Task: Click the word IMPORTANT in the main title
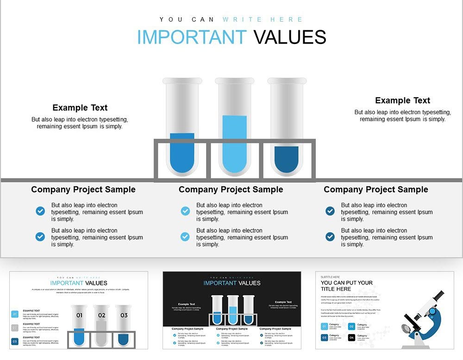pyautogui.click(x=192, y=37)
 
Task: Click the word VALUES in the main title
pyautogui.click(x=290, y=37)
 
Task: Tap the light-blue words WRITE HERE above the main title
pyautogui.click(x=263, y=19)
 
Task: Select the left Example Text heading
pyautogui.click(x=80, y=108)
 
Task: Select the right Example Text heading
pyautogui.click(x=402, y=100)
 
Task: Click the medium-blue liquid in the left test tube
pyautogui.click(x=182, y=153)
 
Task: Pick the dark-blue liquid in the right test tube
pyautogui.click(x=286, y=159)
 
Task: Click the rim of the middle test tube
pyautogui.click(x=235, y=81)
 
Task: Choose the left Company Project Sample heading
pyautogui.click(x=83, y=190)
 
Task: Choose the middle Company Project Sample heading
pyautogui.click(x=231, y=190)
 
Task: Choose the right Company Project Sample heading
pyautogui.click(x=375, y=190)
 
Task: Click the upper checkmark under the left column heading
pyautogui.click(x=40, y=211)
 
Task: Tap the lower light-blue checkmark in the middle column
pyautogui.click(x=185, y=236)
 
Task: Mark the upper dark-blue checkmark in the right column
pyautogui.click(x=330, y=211)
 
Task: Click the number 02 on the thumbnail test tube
pyautogui.click(x=101, y=316)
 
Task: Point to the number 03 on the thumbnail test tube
pyautogui.click(x=124, y=316)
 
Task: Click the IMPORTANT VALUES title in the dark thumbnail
pyautogui.click(x=231, y=283)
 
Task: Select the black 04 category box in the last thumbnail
pyautogui.click(x=351, y=337)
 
